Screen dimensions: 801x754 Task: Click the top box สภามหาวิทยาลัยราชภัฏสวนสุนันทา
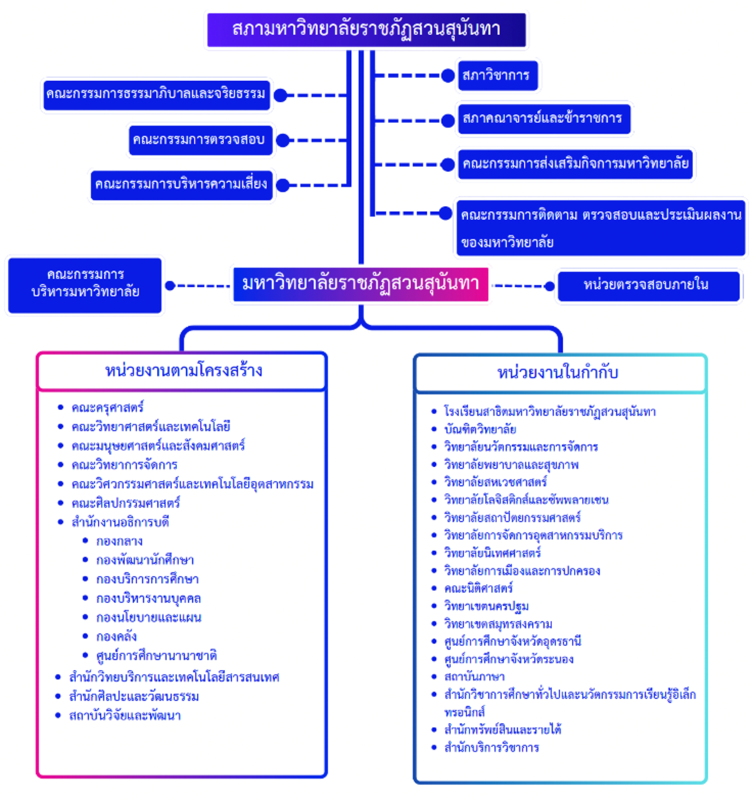point(366,30)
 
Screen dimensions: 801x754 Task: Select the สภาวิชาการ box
point(497,75)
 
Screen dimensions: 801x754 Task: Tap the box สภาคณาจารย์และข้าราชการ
point(544,119)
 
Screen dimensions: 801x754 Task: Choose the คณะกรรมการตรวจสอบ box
point(200,140)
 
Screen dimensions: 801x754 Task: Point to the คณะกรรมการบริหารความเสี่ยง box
point(181,185)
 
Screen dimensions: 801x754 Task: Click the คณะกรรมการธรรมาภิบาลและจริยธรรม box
point(156,95)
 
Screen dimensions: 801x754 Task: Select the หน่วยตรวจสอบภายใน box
point(648,286)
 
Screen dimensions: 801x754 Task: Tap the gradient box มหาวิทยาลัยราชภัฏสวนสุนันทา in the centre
point(360,284)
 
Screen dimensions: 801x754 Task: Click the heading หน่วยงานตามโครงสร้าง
point(183,371)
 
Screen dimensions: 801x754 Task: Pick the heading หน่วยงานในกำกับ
point(558,373)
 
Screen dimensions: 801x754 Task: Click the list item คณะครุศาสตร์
point(108,407)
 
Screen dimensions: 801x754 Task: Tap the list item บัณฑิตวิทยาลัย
point(480,430)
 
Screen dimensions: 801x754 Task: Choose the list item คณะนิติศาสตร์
point(478,589)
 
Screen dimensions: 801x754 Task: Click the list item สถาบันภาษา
point(474,677)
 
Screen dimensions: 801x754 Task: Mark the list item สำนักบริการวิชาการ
point(491,748)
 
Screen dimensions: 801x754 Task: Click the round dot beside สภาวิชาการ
point(447,75)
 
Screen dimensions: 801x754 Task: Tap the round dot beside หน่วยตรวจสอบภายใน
point(549,286)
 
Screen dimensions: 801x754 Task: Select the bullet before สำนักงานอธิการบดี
point(60,522)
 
